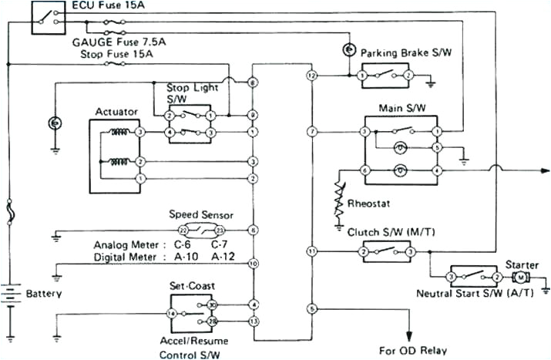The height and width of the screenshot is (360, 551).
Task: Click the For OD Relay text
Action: (412, 349)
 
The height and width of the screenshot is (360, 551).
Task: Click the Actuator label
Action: (116, 113)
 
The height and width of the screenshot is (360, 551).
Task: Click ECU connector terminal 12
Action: (311, 76)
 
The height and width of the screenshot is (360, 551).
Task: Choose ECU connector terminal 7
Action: (311, 133)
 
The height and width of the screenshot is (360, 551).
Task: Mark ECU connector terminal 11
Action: (311, 251)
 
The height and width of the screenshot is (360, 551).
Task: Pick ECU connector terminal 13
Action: (253, 319)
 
